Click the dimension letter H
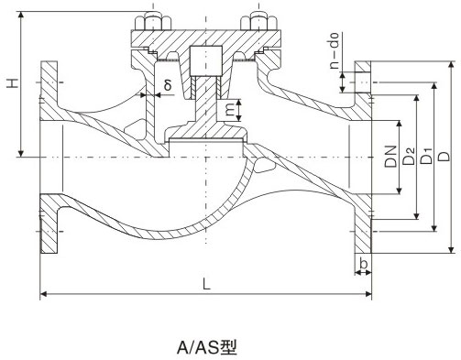tap(11, 85)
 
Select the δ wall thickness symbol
tap(167, 85)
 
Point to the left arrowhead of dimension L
tap(43, 294)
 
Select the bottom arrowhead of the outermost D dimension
tap(452, 248)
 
